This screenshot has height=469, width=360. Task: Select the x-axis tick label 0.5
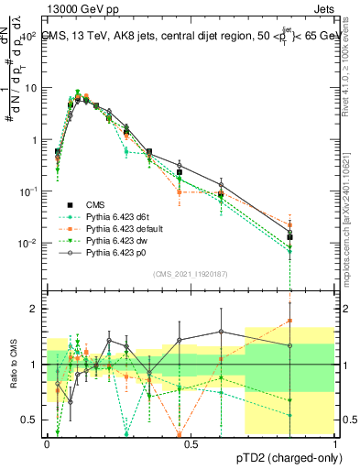[x=191, y=443]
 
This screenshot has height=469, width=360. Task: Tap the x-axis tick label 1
[x=335, y=443]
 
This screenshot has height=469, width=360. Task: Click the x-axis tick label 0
[x=48, y=443]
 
